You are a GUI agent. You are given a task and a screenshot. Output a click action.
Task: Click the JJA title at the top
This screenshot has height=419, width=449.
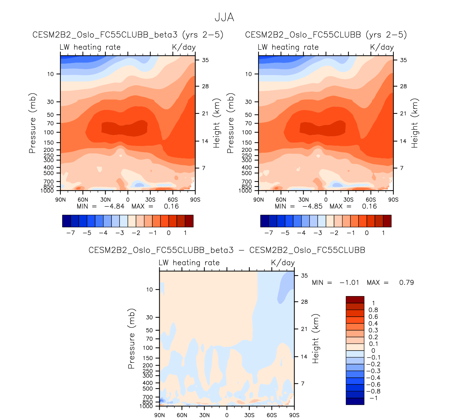pos(224,17)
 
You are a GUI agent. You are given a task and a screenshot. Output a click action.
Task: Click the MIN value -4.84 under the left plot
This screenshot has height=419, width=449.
pos(114,206)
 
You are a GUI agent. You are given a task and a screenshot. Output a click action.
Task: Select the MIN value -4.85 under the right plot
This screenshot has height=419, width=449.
pos(312,206)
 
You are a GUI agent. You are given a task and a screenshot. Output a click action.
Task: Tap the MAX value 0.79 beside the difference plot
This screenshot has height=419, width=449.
pos(406,282)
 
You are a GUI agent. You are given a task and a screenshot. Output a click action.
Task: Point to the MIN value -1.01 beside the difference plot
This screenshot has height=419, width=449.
pos(349,282)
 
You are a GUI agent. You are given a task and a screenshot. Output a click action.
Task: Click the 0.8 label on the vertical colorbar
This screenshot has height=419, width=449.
pos(373,310)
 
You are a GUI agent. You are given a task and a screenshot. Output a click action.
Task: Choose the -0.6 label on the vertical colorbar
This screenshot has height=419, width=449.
pos(373,384)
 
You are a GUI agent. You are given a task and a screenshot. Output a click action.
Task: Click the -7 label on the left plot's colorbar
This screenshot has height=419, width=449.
pos(71,233)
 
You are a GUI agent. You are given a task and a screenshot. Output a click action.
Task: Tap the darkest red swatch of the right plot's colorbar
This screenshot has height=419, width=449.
pos(387,221)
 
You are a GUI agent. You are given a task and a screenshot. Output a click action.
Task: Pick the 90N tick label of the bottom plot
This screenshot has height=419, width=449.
pos(160,415)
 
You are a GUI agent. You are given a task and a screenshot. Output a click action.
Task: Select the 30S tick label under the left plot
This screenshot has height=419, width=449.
pos(150,200)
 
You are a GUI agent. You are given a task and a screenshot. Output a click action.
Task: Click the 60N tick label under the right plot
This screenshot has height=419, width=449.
pos(281,200)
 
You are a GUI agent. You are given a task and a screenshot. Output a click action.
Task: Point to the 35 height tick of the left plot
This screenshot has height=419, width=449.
pos(205,60)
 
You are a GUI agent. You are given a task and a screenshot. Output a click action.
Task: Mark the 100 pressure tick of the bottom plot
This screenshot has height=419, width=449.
pos(148,348)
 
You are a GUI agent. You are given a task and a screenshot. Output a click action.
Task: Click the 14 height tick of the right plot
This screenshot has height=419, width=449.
pos(403,141)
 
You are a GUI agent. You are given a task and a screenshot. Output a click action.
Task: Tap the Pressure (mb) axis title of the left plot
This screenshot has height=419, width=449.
pos(32,123)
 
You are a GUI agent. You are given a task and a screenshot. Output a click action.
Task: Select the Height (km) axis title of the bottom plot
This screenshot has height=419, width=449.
pos(316,339)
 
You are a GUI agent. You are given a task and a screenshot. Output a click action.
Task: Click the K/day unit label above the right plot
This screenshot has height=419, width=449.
pos(382,47)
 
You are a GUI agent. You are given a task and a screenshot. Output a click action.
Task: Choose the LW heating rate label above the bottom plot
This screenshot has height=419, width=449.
pos(189,263)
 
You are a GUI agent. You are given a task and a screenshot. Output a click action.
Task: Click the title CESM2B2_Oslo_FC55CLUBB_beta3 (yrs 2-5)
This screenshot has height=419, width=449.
pos(128,35)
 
